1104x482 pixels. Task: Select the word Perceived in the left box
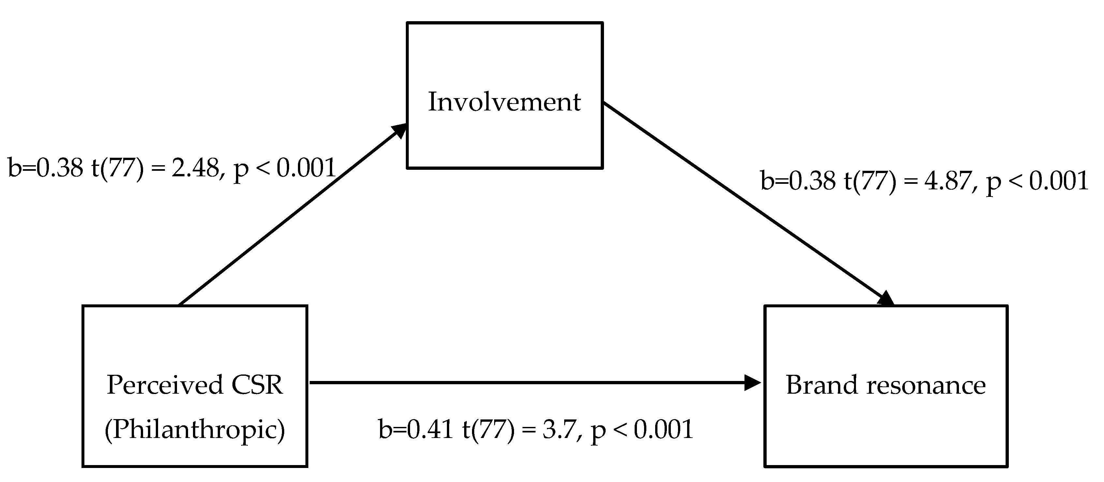pyautogui.click(x=165, y=385)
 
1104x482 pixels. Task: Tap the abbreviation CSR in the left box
pyautogui.click(x=257, y=385)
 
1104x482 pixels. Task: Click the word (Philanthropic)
pyautogui.click(x=195, y=430)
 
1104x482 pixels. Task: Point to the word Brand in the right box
pyautogui.click(x=822, y=385)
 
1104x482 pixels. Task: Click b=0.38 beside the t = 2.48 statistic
pyautogui.click(x=45, y=168)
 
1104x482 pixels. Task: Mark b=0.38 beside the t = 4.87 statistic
pyautogui.click(x=798, y=181)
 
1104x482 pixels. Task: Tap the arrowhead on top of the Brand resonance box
pyautogui.click(x=885, y=299)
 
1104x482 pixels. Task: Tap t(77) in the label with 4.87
pyautogui.click(x=870, y=181)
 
